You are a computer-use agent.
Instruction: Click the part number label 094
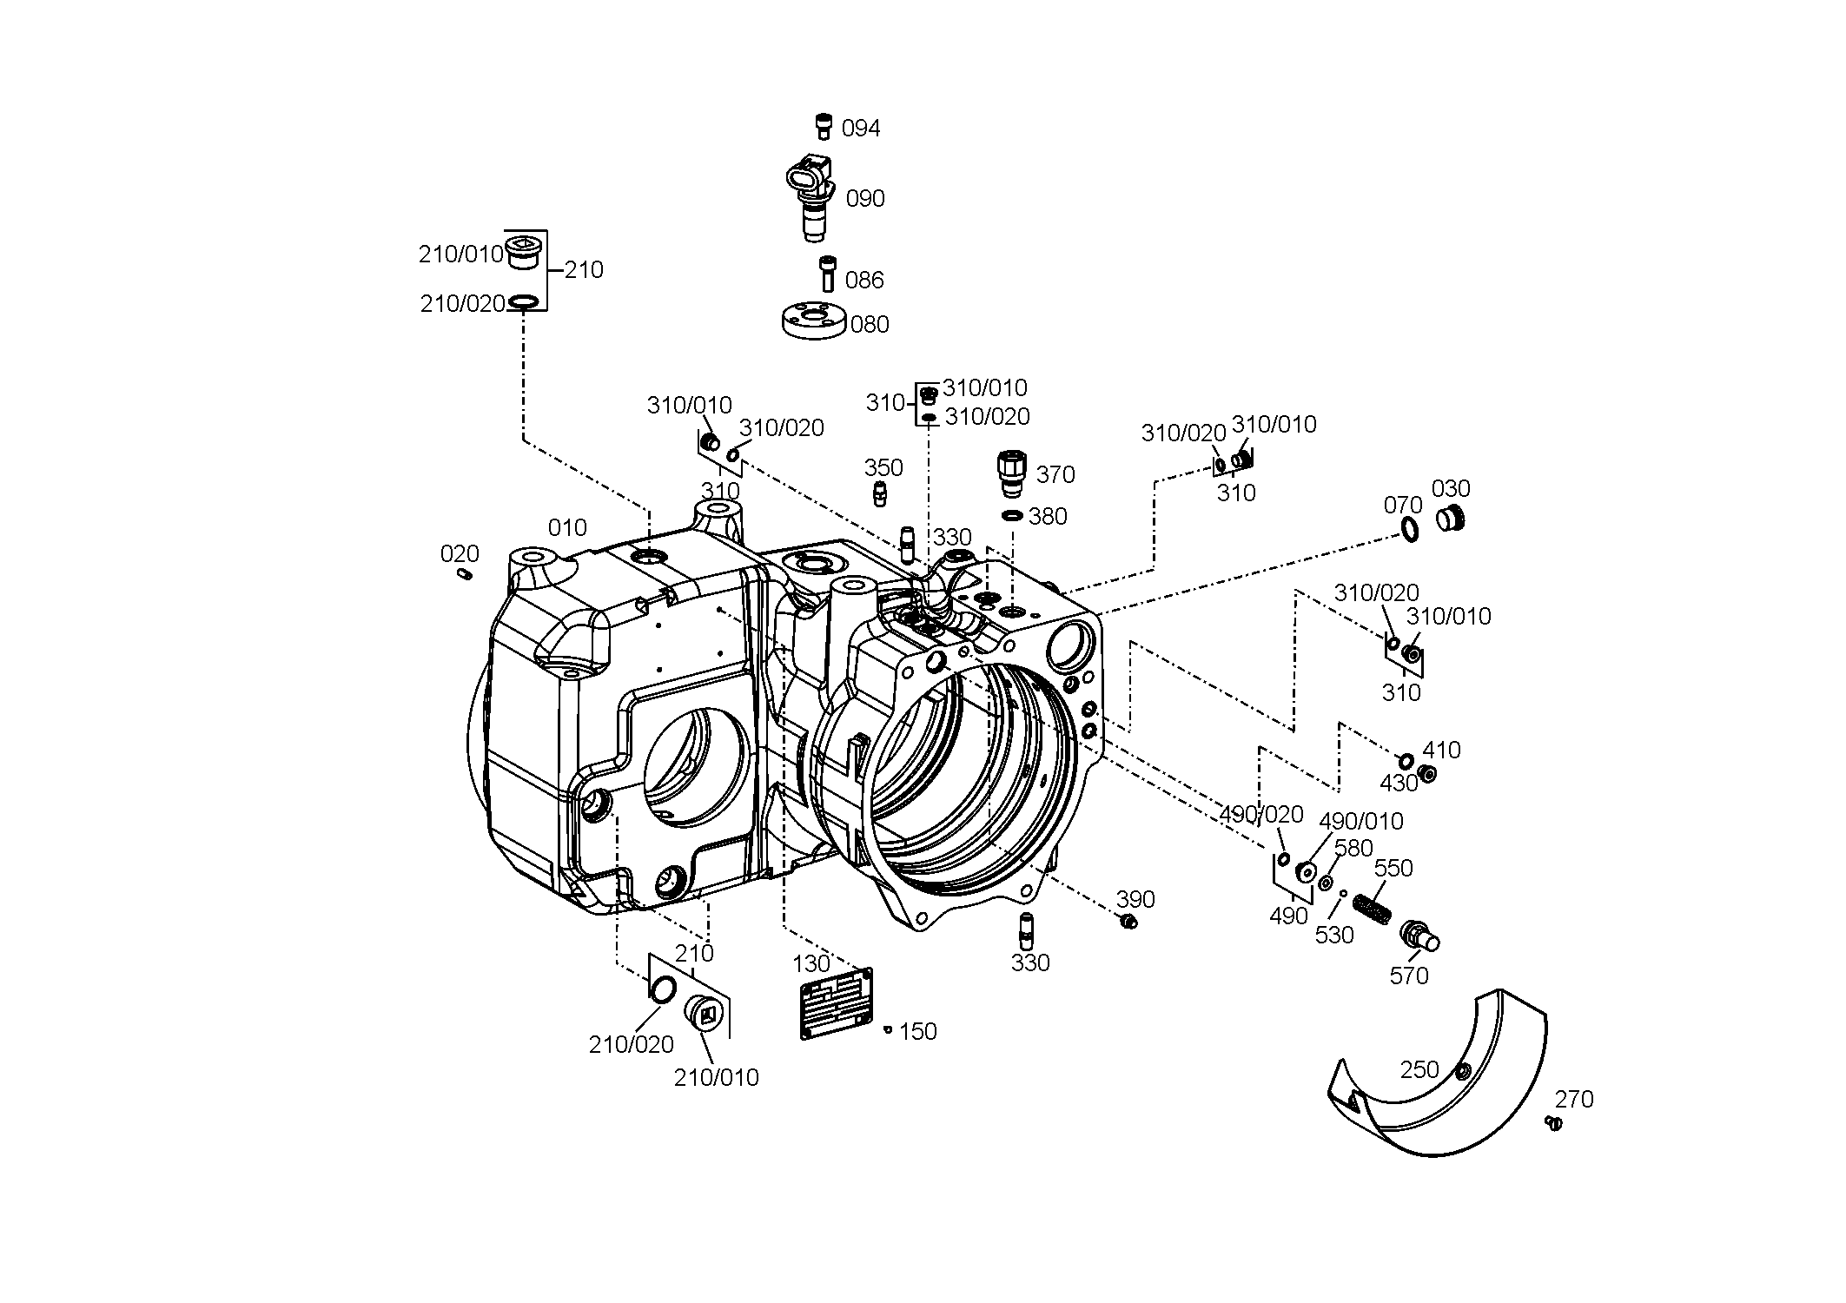(x=861, y=129)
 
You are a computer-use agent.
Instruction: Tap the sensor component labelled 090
(x=810, y=195)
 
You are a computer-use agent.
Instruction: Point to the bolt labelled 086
(x=828, y=274)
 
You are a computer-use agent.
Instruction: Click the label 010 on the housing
(x=567, y=528)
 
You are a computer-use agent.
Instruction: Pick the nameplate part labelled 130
(x=836, y=1002)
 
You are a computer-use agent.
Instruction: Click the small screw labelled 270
(x=1554, y=1123)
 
